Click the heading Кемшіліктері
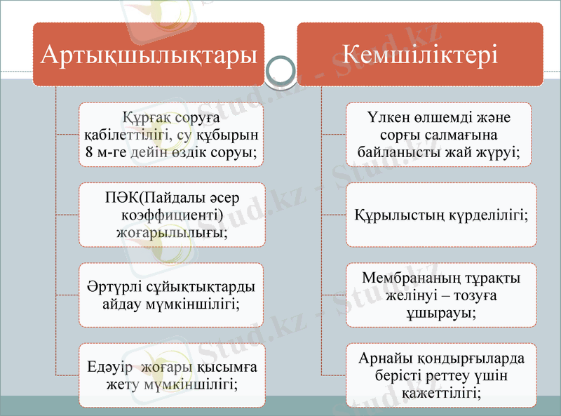tap(421, 54)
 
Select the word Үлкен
tap(386, 116)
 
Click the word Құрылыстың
tap(396, 214)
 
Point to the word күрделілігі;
tap(489, 214)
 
